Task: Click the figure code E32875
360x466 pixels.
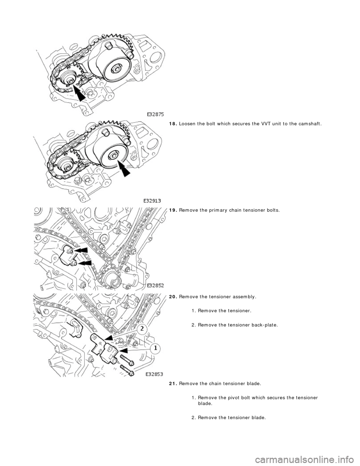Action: click(x=155, y=113)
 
